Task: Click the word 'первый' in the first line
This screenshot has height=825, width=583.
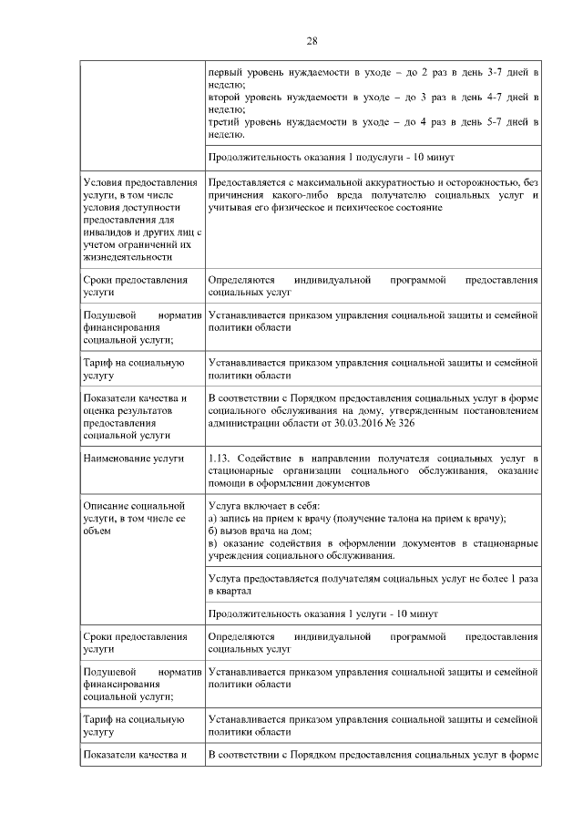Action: (x=225, y=70)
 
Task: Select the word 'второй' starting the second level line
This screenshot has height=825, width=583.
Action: (x=225, y=96)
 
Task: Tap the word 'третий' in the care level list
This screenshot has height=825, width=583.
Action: (x=225, y=121)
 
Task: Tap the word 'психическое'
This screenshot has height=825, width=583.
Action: (x=344, y=208)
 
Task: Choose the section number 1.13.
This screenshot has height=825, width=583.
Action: (x=221, y=457)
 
